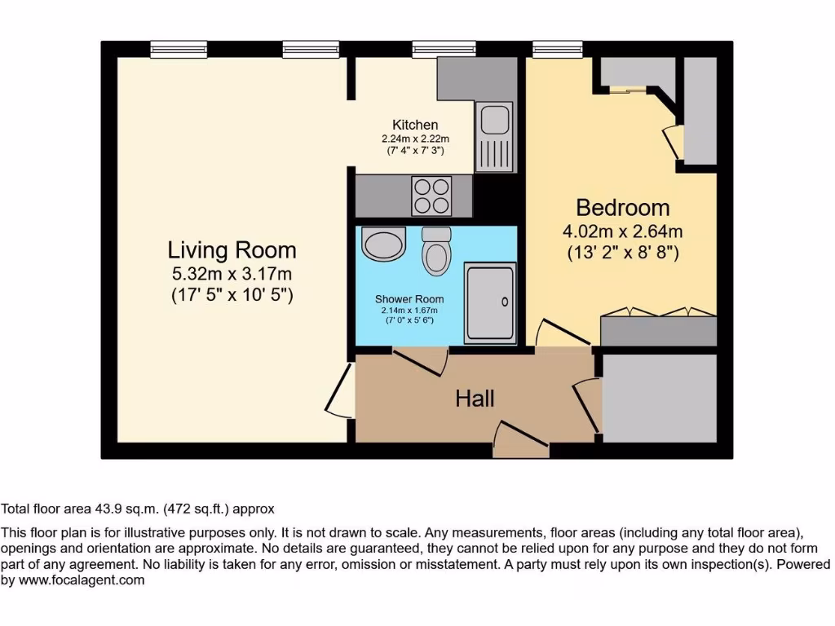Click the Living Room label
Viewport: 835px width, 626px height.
click(232, 249)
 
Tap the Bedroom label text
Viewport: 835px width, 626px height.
click(623, 207)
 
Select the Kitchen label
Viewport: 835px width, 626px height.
click(415, 125)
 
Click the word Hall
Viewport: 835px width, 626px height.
click(475, 399)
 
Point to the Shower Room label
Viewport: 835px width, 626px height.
click(409, 299)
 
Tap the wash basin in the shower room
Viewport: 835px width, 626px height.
click(383, 244)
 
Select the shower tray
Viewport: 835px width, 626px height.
click(490, 302)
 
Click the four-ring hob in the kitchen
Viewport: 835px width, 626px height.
click(431, 195)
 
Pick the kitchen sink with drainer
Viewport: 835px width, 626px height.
click(494, 136)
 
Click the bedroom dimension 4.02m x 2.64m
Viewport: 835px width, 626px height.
click(623, 231)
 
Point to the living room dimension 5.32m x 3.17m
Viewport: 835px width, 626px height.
click(232, 274)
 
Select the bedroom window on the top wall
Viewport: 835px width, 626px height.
click(558, 50)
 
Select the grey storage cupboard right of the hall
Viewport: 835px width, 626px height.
click(659, 398)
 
